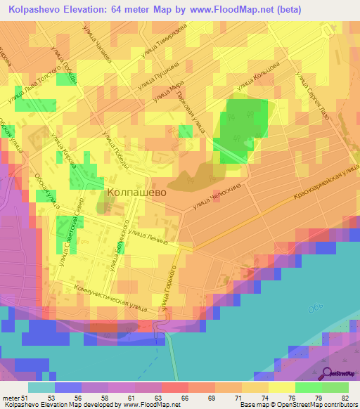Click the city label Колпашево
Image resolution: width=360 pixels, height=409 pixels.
point(136,190)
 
